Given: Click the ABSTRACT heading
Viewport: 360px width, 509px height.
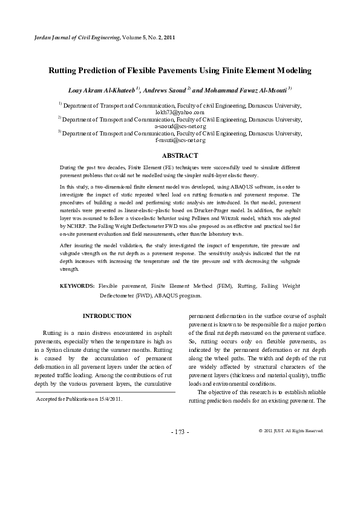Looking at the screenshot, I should [x=180, y=155].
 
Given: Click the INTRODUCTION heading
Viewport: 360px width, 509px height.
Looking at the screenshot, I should [x=106, y=316].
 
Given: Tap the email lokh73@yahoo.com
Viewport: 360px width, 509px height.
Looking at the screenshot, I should [x=180, y=112].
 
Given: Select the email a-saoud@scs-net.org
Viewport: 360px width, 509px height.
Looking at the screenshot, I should [x=180, y=126].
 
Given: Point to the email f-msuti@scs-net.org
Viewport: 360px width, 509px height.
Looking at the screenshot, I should [x=180, y=140].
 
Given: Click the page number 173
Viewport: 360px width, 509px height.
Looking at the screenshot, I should [x=180, y=432].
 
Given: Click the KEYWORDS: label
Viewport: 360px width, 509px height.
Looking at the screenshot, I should [x=77, y=285].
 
